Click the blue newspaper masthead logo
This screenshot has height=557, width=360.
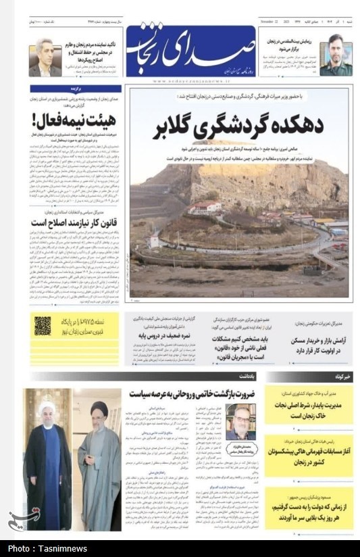[190, 51]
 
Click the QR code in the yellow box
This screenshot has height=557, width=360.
[43, 326]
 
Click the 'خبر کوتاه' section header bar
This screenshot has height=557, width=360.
[309, 377]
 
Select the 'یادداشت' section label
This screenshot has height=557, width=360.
[247, 377]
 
